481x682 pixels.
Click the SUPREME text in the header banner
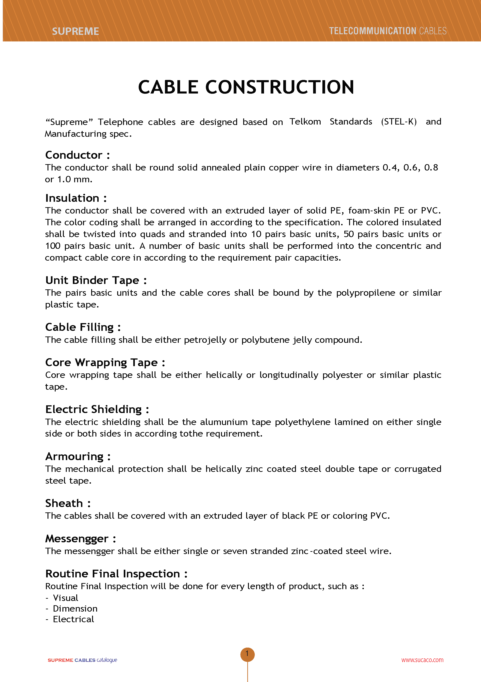tap(75, 31)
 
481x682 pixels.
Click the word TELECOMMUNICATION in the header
tap(372, 31)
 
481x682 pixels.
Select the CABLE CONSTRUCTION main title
tap(246, 87)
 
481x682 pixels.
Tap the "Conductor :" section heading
tap(77, 155)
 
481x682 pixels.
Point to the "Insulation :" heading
tap(76, 198)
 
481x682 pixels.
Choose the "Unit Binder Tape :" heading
tap(96, 280)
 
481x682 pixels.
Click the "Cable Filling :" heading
tap(83, 327)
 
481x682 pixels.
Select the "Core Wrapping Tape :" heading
tap(105, 363)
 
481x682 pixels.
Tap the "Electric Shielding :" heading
tap(97, 409)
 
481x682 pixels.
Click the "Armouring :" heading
tap(78, 456)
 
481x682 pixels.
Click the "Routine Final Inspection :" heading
tap(116, 574)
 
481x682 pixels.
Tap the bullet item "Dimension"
tap(75, 608)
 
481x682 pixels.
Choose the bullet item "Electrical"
tap(73, 619)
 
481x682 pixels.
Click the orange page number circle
tap(247, 654)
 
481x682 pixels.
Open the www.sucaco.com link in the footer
tap(422, 660)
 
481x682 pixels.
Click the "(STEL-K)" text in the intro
tap(399, 122)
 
